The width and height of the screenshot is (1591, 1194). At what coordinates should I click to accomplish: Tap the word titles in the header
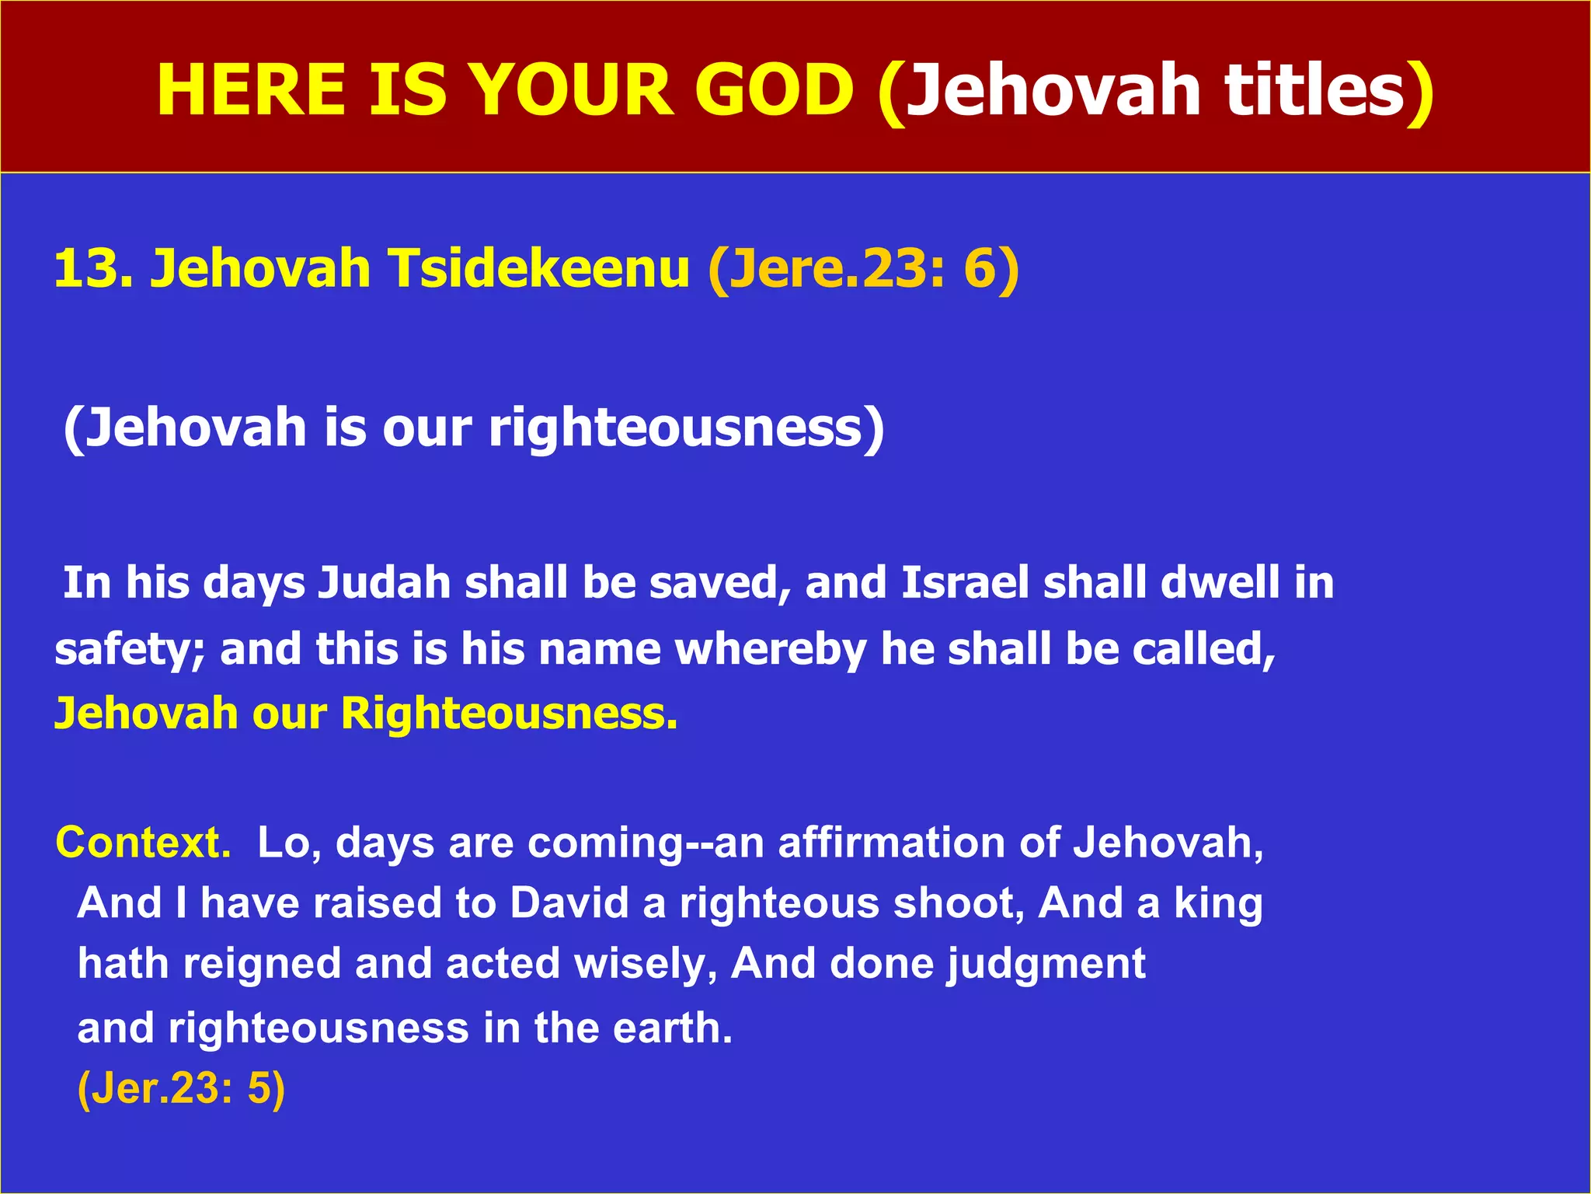click(1317, 90)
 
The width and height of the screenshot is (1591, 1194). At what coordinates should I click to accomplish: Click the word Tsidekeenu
click(539, 268)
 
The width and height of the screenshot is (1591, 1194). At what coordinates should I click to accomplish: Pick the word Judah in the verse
click(385, 583)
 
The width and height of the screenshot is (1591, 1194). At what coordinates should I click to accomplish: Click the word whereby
click(770, 650)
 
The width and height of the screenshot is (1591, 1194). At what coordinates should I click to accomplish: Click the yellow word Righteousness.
click(509, 714)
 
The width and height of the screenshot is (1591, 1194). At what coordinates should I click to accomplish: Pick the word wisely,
click(646, 964)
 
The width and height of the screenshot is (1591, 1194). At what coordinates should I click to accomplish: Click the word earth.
click(673, 1028)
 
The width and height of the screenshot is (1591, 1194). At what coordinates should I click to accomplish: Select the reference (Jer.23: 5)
click(182, 1088)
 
